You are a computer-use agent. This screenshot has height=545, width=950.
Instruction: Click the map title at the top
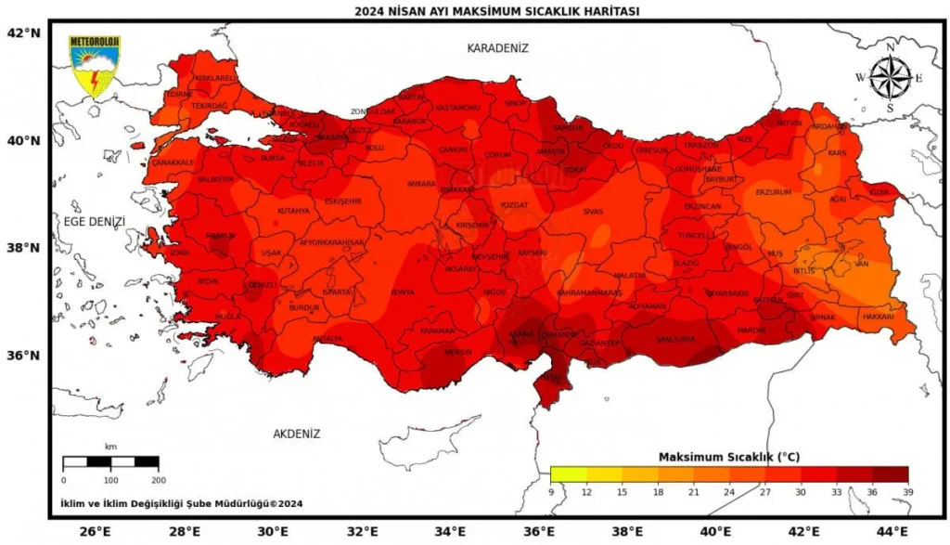497,11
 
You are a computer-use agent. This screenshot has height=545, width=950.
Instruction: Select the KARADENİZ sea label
497,47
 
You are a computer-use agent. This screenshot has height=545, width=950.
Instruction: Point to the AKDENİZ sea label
296,434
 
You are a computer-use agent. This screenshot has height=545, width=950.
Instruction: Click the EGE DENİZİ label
94,221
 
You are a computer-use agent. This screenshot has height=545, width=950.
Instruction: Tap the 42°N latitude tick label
24,32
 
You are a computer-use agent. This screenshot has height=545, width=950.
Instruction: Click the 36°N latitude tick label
24,356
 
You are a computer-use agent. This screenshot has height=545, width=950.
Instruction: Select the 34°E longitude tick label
450,531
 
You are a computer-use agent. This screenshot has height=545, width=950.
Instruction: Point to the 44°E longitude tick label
891,531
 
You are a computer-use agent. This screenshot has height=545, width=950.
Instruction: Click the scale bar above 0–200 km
110,461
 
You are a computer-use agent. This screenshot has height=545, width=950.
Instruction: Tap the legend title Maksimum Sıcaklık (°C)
728,457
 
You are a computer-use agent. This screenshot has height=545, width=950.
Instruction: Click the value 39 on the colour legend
907,491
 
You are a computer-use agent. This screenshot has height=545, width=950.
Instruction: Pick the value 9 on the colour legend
551,491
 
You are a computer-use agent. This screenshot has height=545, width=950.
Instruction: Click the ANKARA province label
421,184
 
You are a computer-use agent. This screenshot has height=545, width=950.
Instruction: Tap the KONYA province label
403,292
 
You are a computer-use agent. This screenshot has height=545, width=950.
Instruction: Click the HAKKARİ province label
878,317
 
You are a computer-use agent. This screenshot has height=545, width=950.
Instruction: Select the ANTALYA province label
327,339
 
